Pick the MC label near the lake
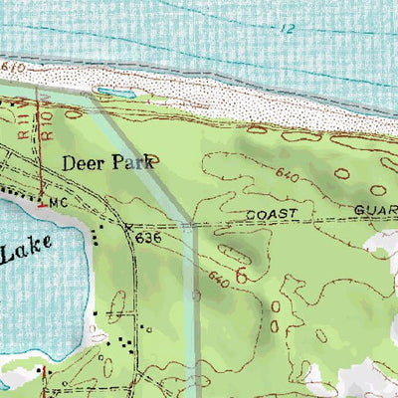tap(58, 203)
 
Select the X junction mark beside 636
tap(128, 229)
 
